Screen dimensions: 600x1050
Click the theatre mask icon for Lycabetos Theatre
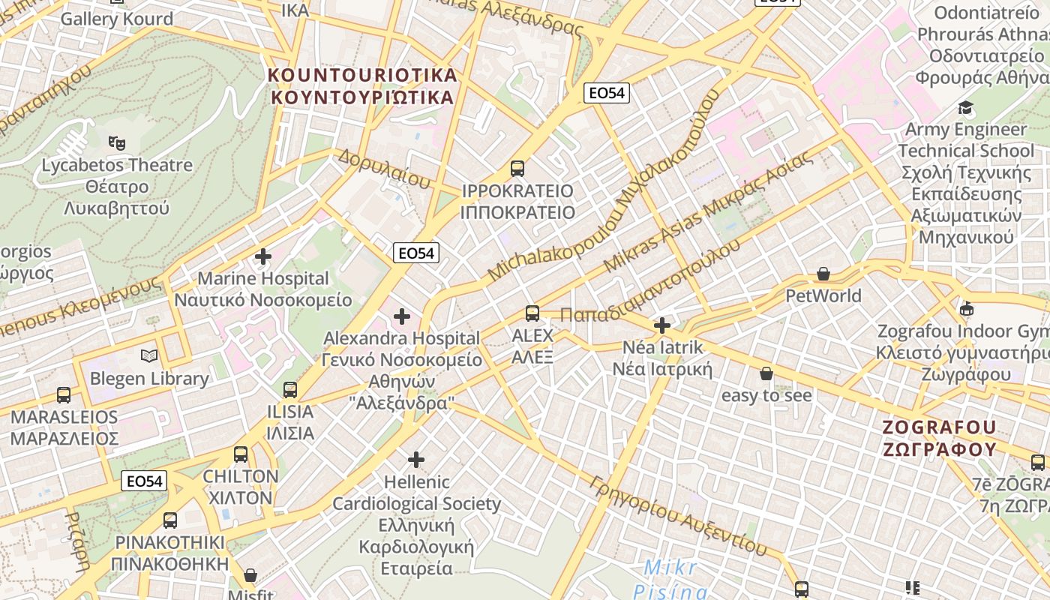pos(116,141)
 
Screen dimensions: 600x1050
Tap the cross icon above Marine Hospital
pos(263,256)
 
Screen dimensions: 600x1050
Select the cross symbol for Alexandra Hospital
pos(402,316)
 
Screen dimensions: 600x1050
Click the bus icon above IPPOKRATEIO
pos(517,168)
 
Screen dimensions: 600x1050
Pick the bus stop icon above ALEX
pos(532,313)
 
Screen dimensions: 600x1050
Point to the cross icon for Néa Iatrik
pos(662,325)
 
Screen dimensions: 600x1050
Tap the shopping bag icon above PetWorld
pos(823,274)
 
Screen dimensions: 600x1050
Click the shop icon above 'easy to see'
pos(766,373)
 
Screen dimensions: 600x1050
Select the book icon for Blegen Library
pos(149,356)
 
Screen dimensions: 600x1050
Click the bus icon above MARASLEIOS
pos(64,394)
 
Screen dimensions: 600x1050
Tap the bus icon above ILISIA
pos(290,389)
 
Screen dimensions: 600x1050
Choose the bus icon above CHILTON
pos(241,454)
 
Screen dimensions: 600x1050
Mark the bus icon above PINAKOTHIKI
pos(170,520)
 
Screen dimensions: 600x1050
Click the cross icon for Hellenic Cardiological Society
pos(416,459)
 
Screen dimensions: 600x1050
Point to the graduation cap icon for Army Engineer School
pos(966,107)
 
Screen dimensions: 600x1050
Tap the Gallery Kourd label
pos(116,19)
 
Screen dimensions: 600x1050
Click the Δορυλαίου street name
pos(383,168)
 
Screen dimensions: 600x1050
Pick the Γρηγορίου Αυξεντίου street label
pos(678,517)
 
